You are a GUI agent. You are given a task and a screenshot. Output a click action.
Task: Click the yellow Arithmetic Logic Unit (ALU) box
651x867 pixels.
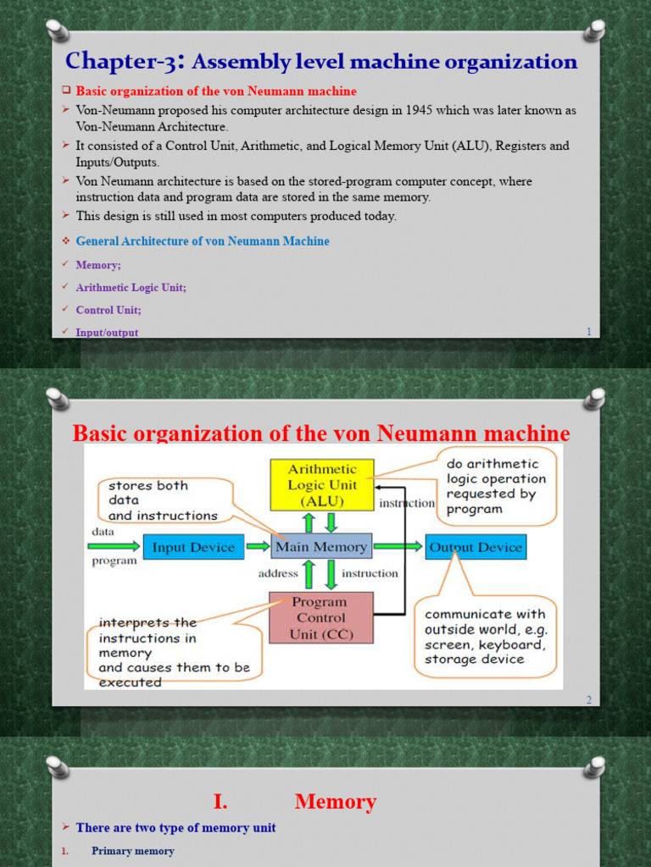321,485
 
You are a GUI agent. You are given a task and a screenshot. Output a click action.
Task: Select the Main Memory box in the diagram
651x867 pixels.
321,547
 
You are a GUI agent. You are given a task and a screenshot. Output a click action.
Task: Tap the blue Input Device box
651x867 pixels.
193,548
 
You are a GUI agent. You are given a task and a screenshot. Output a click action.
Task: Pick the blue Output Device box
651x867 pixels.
476,547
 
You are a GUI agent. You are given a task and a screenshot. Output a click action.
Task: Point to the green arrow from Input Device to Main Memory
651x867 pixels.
258,547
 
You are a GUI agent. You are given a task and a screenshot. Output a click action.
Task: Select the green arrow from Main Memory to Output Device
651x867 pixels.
398,547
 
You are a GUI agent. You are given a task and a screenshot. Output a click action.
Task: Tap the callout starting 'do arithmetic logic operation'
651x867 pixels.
496,487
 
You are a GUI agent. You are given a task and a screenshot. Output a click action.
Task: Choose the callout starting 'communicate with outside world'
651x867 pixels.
485,637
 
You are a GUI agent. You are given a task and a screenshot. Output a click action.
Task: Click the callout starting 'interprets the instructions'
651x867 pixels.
170,650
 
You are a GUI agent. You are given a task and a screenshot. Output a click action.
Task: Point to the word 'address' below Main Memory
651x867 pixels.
278,573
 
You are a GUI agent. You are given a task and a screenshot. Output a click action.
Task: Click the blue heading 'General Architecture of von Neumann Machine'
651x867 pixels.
203,241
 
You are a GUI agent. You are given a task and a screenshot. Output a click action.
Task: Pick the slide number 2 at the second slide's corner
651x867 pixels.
588,699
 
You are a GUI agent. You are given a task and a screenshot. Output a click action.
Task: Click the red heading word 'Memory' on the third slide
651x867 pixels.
336,802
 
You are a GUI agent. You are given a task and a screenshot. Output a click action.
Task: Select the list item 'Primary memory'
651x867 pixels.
133,851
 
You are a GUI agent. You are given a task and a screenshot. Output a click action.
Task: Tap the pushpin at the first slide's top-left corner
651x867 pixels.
57,30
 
